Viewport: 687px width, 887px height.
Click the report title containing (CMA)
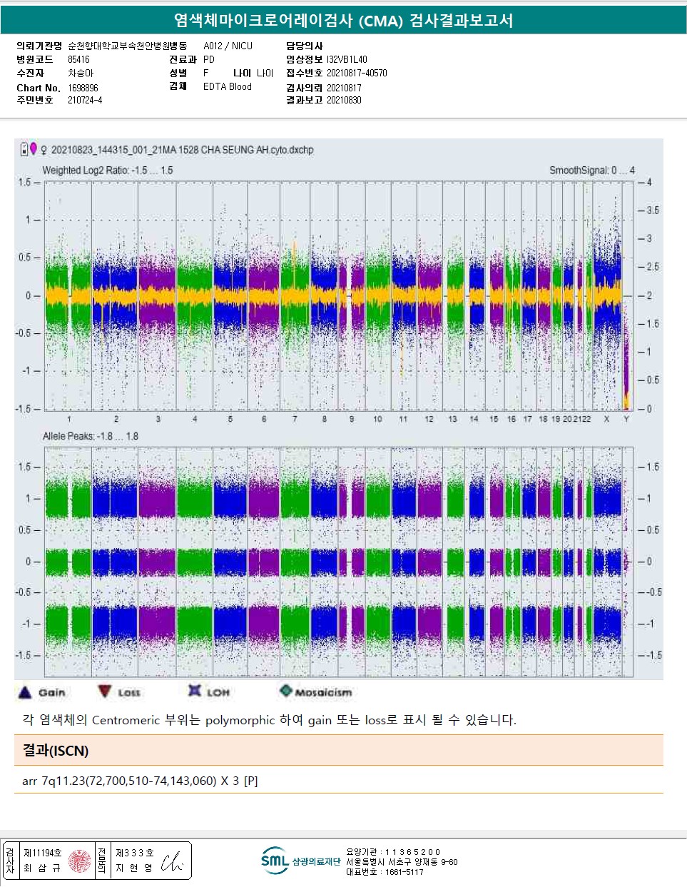click(x=343, y=20)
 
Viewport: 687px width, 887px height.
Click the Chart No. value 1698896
click(x=83, y=88)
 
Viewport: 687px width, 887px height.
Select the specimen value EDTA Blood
click(x=227, y=86)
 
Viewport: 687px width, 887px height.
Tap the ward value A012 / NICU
click(x=228, y=46)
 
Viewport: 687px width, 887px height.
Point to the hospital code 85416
click(x=78, y=59)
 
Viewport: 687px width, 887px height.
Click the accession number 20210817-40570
click(x=357, y=73)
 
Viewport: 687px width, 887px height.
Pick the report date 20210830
click(x=344, y=100)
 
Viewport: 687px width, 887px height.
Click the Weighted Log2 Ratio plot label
click(x=107, y=171)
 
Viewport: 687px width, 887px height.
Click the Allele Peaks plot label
click(x=90, y=436)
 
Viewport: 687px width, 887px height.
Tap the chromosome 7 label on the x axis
click(x=295, y=419)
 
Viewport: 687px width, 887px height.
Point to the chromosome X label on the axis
click(x=606, y=419)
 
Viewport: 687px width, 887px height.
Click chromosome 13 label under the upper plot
click(x=452, y=419)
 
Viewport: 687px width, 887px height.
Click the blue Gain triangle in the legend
click(x=25, y=691)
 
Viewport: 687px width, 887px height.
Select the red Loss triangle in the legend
click(x=105, y=691)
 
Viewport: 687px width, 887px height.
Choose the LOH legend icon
click(x=194, y=691)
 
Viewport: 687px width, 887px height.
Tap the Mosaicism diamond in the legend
click(x=286, y=691)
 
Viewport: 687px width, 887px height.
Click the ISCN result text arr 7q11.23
click(x=140, y=781)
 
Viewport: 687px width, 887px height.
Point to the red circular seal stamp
click(x=79, y=861)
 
